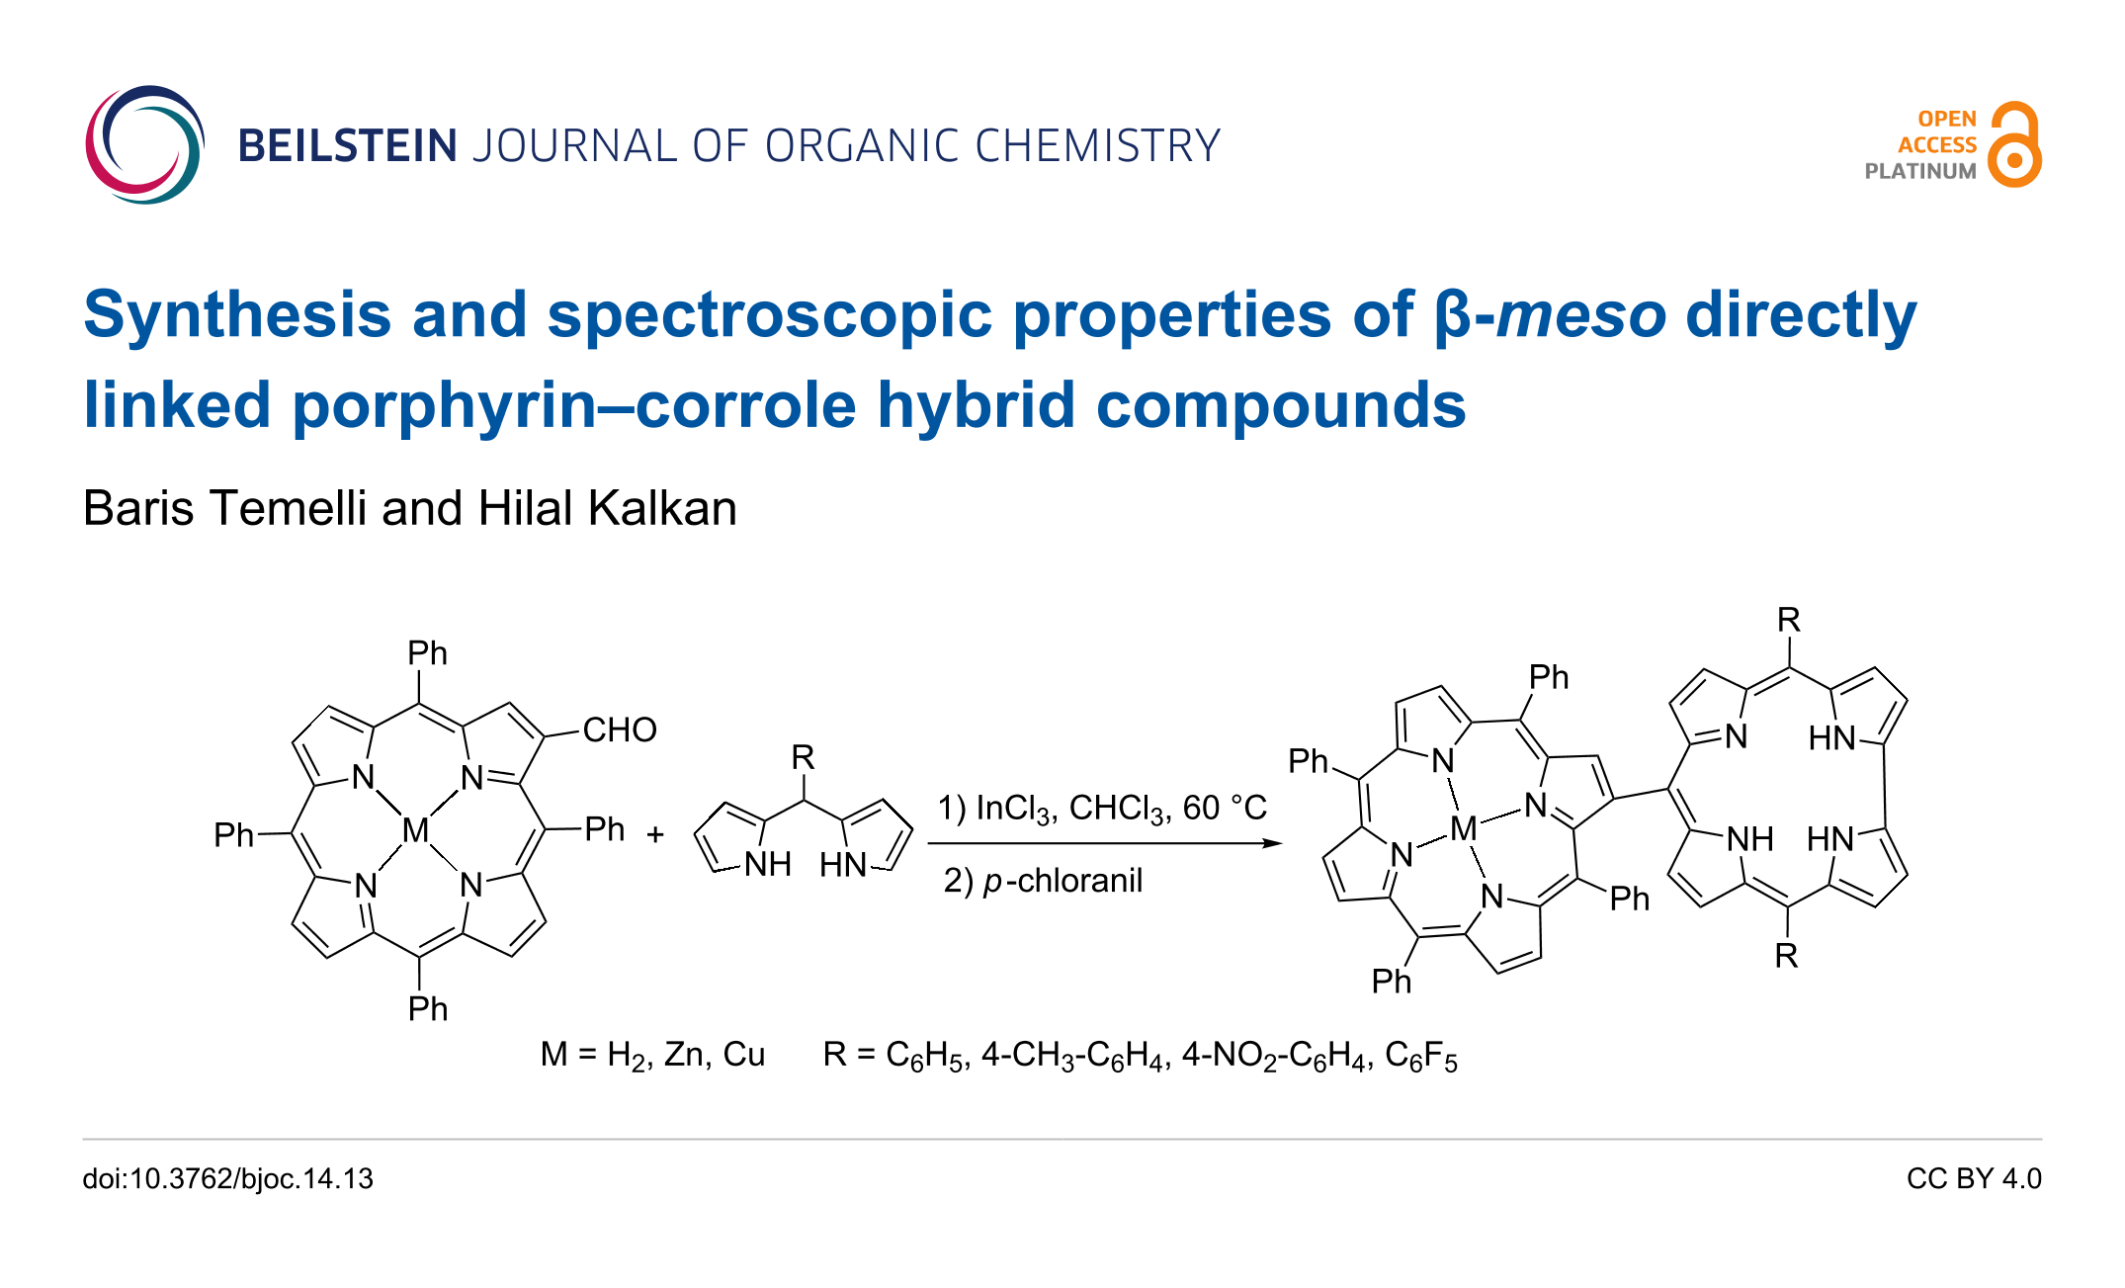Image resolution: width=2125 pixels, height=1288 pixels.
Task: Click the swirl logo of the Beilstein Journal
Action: [x=144, y=145]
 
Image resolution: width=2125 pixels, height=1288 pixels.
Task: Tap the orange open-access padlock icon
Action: [x=2014, y=145]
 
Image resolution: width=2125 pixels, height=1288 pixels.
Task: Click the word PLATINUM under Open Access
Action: [x=1919, y=171]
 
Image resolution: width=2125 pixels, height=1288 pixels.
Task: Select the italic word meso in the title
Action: [x=1581, y=315]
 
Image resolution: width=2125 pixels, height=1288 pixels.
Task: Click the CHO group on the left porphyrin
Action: [x=620, y=730]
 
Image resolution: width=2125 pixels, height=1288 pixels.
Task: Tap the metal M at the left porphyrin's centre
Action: [x=416, y=830]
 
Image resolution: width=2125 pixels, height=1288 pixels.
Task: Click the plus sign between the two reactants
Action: [x=655, y=835]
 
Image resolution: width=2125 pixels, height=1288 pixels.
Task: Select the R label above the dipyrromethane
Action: [x=803, y=758]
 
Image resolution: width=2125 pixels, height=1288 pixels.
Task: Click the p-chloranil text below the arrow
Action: [x=1062, y=881]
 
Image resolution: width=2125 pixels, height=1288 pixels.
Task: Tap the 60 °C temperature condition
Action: [x=1225, y=809]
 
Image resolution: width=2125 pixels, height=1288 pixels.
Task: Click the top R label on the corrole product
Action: [x=1788, y=621]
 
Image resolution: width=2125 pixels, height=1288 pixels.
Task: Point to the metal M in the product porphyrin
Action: [x=1463, y=828]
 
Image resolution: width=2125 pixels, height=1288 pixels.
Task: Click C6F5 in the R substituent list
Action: [x=1420, y=1057]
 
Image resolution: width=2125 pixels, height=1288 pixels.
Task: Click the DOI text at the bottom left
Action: [x=228, y=1179]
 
